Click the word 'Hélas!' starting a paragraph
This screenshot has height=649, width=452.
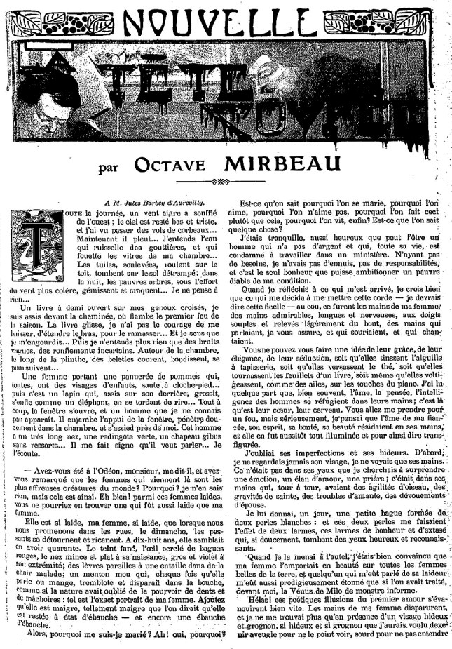pyautogui.click(x=254, y=608)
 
